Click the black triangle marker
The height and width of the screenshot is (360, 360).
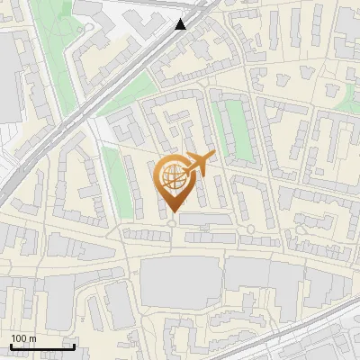(x=182, y=25)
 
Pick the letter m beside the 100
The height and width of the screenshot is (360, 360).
(x=32, y=338)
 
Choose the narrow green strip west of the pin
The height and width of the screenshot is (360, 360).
(x=113, y=175)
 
